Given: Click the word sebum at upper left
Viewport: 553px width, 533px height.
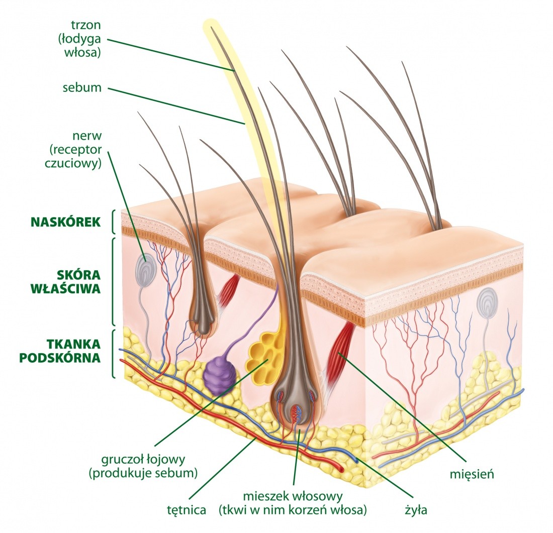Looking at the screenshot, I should point(82,88).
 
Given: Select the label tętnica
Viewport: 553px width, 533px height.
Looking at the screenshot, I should point(187,510).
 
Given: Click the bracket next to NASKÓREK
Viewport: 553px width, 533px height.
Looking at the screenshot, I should point(113,222).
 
